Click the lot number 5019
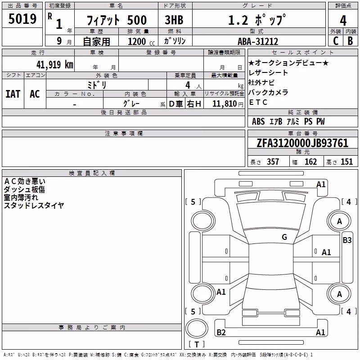tap(22, 19)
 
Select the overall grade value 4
tap(343, 21)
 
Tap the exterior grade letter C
tap(336, 41)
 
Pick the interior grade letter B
tap(350, 41)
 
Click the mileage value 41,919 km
tap(54, 65)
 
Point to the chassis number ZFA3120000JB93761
tap(302, 143)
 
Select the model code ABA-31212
tap(258, 41)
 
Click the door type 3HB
tap(174, 20)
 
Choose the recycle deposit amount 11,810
tap(224, 104)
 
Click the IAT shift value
tap(13, 94)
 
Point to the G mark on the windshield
tap(284, 237)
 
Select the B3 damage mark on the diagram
tap(347, 240)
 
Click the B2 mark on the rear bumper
tap(221, 332)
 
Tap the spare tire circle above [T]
tap(197, 328)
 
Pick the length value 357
tap(273, 162)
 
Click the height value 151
tap(346, 162)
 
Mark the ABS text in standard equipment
tap(258, 121)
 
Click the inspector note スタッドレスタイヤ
tap(34, 205)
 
